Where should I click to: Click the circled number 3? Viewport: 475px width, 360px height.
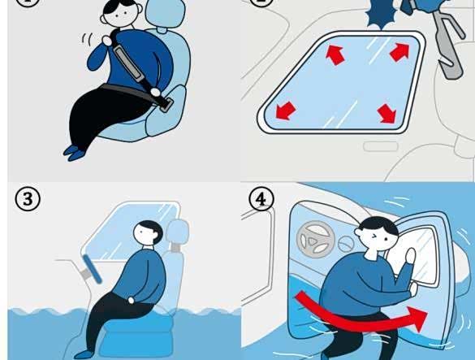coord(28,199)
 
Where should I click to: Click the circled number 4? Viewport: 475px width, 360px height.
coord(261,199)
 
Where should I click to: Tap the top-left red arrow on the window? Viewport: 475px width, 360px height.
coord(335,54)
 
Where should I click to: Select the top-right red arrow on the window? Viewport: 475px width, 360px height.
coord(399,52)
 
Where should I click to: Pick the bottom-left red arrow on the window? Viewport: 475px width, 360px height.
coord(285,111)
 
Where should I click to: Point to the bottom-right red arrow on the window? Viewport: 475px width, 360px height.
coord(387,114)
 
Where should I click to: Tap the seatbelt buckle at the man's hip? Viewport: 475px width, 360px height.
coord(166,105)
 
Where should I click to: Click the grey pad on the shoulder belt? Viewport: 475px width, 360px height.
coord(128,63)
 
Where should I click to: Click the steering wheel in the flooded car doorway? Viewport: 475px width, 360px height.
coord(315,240)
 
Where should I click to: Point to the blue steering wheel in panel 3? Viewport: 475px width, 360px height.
coord(92,269)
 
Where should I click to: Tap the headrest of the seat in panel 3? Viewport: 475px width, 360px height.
coord(178,232)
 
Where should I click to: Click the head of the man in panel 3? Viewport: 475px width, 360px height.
coord(149,232)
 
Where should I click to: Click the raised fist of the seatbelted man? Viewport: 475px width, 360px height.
coord(106,41)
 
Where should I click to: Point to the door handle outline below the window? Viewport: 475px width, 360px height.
coord(381,146)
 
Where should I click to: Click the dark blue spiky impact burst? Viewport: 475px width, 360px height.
coord(381,15)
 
